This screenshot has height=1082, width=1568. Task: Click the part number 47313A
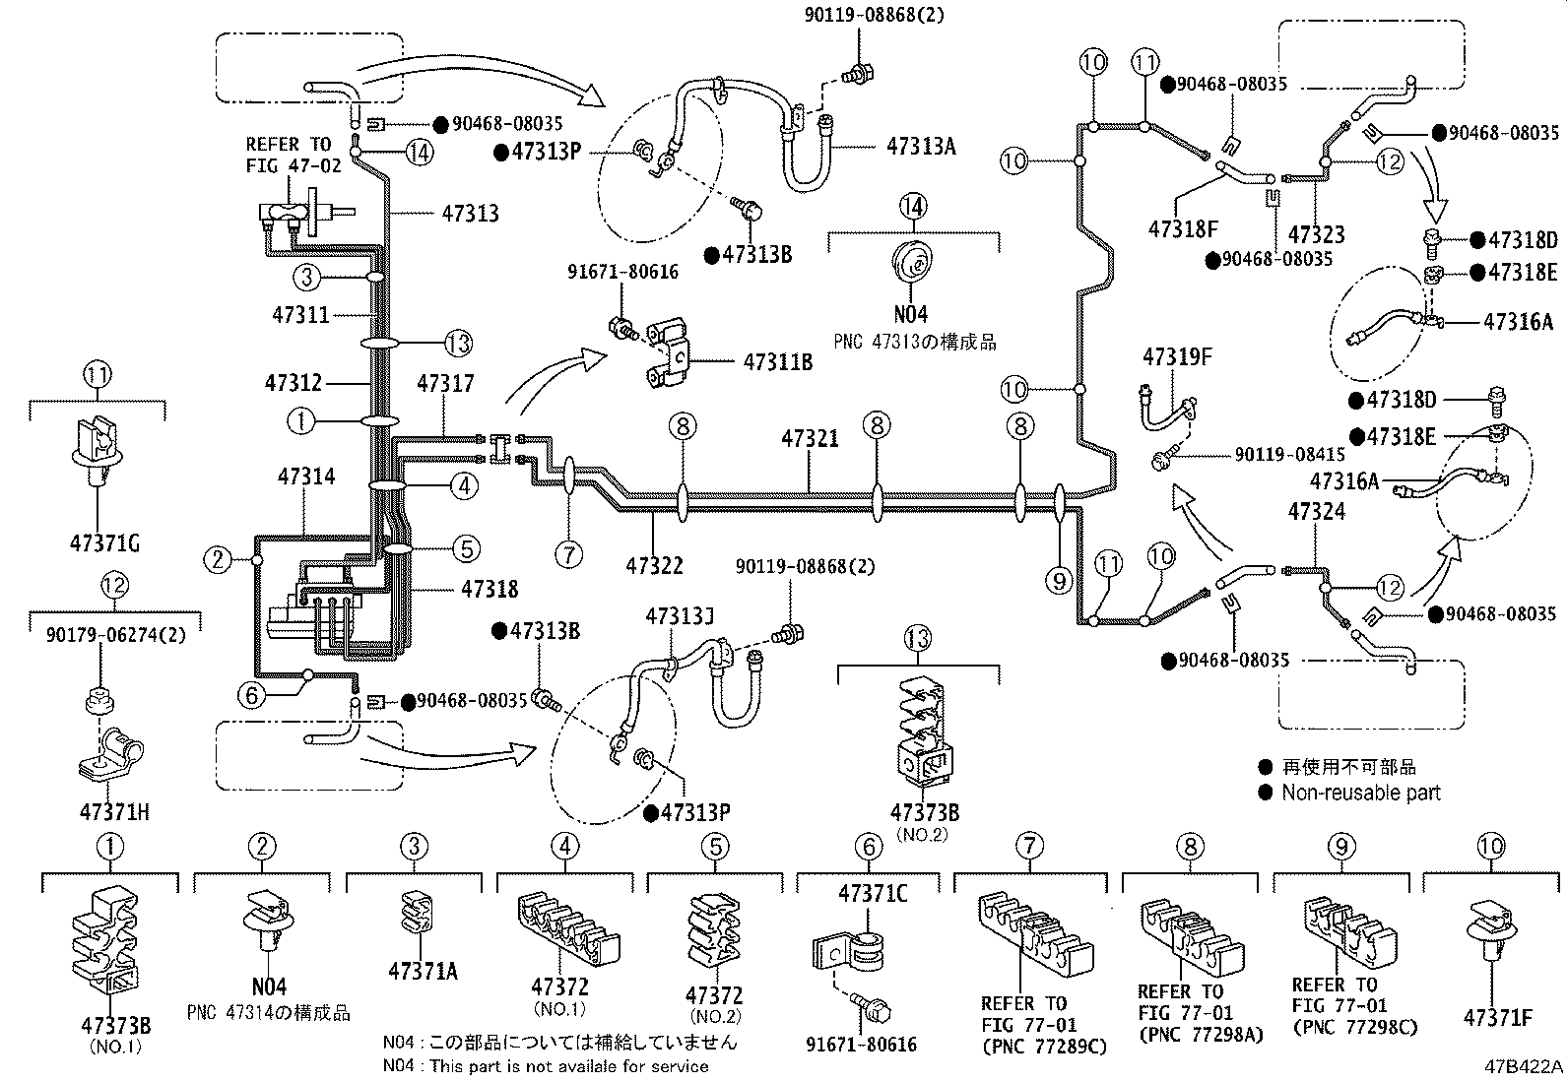tap(921, 147)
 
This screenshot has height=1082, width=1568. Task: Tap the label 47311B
tap(778, 362)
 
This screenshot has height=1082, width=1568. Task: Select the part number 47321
tap(810, 438)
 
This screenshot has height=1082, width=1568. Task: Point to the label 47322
tap(654, 565)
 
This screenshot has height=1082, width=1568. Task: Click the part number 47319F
tap(1177, 357)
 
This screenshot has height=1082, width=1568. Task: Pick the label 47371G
tap(104, 543)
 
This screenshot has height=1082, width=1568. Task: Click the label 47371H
tap(114, 812)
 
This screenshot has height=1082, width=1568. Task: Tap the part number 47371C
tap(873, 894)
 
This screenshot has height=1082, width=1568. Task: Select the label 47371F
tap(1498, 1017)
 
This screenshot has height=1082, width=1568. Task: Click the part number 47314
tap(306, 477)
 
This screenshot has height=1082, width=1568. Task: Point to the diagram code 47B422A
tap(1524, 1066)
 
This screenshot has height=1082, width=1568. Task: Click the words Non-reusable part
tap(1361, 793)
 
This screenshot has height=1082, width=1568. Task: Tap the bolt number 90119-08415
tap(1289, 454)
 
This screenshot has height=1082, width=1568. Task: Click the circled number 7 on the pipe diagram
tap(568, 555)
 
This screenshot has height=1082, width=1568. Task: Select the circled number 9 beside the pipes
tap(1059, 580)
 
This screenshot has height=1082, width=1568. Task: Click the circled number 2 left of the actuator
tap(217, 559)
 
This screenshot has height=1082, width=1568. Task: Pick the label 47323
tap(1316, 233)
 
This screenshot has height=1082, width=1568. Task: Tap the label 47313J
tap(679, 616)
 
